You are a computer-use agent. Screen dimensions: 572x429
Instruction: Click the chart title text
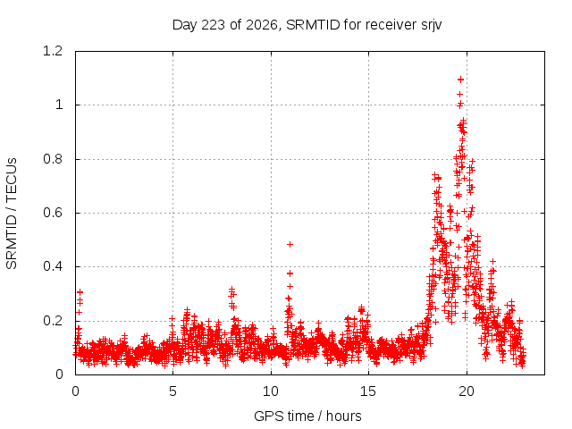(307, 25)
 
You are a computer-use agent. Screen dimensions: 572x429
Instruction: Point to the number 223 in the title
(214, 25)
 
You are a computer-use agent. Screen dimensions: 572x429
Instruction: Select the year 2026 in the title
(262, 25)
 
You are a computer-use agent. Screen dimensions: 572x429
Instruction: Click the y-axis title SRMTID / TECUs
(12, 214)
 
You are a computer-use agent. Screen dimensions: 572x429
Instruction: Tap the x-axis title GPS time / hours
(307, 416)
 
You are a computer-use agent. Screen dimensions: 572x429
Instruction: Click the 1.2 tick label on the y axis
(53, 51)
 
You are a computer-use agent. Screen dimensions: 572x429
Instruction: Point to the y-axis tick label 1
(59, 105)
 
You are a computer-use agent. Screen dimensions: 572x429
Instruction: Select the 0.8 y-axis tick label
(53, 159)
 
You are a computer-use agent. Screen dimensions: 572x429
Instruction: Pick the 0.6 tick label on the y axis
(53, 213)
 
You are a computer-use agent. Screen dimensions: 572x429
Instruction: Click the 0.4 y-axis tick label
(53, 266)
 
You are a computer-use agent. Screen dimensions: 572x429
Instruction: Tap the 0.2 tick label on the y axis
(53, 321)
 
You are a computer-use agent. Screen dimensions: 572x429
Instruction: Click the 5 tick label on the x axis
(172, 391)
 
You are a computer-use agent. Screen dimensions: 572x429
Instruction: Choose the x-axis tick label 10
(271, 391)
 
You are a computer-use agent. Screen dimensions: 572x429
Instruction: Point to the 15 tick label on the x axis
(368, 391)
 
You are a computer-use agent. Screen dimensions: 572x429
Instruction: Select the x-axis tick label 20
(467, 391)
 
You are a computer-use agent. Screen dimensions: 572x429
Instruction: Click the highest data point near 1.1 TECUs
(461, 80)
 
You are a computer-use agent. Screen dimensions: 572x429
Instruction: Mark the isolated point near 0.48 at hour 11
(290, 244)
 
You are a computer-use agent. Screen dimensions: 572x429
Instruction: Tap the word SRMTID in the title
(313, 25)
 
